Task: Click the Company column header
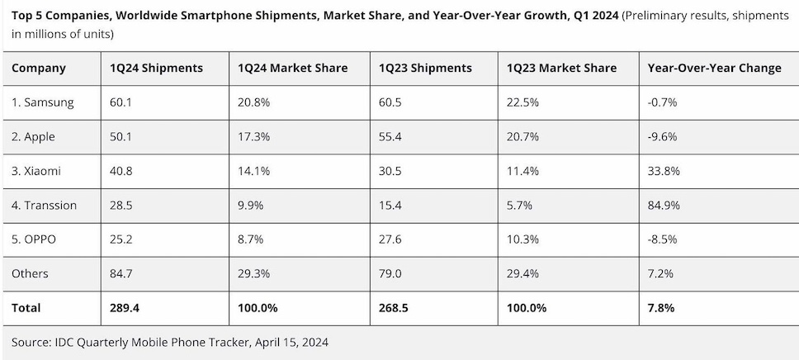point(38,69)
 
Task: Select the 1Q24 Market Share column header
point(292,69)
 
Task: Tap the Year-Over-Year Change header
point(715,69)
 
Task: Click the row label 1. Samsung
point(43,102)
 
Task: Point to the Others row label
point(30,273)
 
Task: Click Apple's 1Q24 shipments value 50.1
point(121,136)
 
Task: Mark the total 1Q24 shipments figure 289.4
point(125,308)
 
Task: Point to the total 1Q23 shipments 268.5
point(394,308)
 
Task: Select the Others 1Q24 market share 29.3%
point(253,273)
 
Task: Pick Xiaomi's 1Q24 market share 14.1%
point(253,171)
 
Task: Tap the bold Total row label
point(26,308)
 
